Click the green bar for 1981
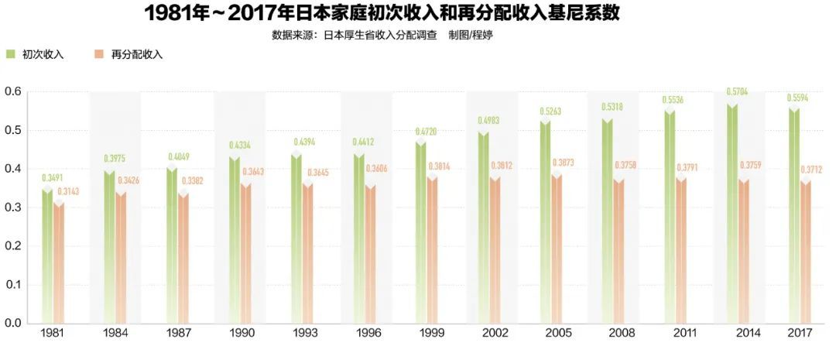(x=47, y=256)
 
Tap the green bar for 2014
(x=732, y=214)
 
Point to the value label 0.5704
(x=738, y=91)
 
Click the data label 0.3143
(x=67, y=191)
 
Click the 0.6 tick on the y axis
(x=12, y=91)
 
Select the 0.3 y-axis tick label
(x=12, y=207)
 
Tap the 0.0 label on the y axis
(x=12, y=323)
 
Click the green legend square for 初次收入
(x=10, y=54)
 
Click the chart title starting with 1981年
(x=382, y=13)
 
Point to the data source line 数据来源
(x=382, y=35)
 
